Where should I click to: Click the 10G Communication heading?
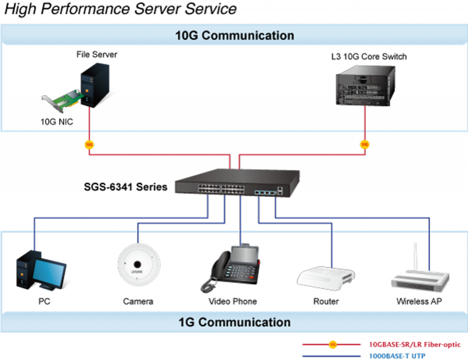pyautogui.click(x=234, y=36)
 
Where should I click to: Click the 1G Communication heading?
pyautogui.click(x=234, y=322)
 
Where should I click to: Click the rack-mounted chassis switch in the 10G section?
pyautogui.click(x=365, y=86)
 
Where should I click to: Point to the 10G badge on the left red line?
pyautogui.click(x=89, y=145)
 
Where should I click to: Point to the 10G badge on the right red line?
pyautogui.click(x=365, y=145)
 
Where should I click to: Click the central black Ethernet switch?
pyautogui.click(x=238, y=183)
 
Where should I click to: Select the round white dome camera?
pyautogui.click(x=138, y=265)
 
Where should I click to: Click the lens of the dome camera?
pyautogui.click(x=137, y=264)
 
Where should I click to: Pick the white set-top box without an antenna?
pyautogui.click(x=326, y=277)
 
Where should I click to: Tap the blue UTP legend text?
pyautogui.click(x=397, y=355)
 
